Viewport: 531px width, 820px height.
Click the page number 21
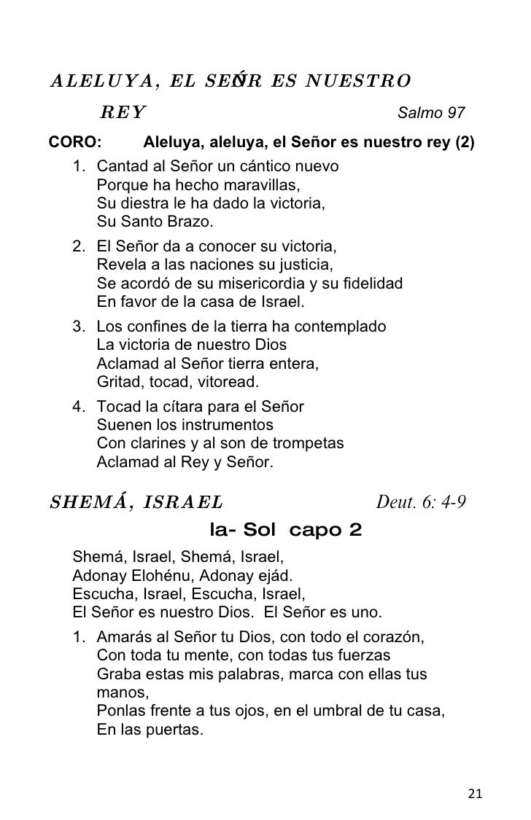coord(475,794)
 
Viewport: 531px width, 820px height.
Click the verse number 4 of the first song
coord(78,407)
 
